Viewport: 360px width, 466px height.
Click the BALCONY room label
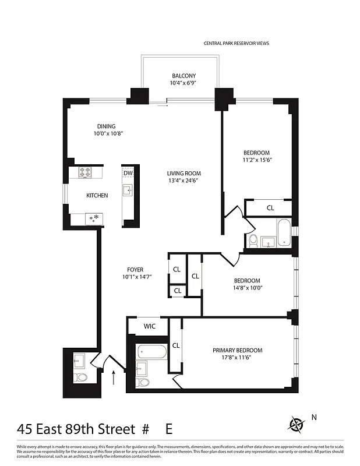[183, 76]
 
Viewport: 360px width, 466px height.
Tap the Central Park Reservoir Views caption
[236, 43]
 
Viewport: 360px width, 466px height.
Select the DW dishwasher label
[128, 173]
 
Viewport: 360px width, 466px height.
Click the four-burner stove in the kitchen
[86, 172]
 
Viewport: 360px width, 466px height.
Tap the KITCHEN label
[97, 196]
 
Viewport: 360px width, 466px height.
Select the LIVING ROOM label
[183, 173]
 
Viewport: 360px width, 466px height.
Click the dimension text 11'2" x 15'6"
[257, 160]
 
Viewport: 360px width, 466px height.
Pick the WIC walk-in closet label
[149, 327]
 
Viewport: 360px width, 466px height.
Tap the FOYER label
[135, 270]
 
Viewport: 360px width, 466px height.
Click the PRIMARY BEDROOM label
[237, 351]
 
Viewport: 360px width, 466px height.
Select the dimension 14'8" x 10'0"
[247, 288]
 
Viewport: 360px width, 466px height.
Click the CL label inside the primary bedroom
[176, 345]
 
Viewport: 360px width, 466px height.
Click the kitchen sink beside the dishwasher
[128, 190]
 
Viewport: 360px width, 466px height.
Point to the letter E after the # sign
[169, 430]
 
